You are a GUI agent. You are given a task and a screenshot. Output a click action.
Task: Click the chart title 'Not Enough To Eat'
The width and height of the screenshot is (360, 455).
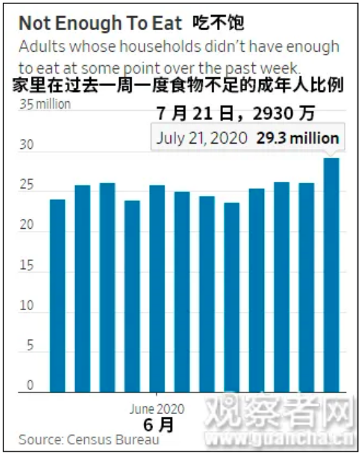100,23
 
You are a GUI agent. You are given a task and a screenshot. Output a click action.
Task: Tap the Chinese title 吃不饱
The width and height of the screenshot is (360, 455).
218,23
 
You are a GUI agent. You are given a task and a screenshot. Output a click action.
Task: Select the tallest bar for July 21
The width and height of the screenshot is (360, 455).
331,274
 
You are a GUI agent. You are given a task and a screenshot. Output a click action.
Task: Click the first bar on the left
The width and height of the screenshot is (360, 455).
58,296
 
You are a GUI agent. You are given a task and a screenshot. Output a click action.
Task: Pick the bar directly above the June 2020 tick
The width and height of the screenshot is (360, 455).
157,289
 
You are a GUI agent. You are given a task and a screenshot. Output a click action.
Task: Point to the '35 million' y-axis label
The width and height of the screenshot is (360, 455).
45,104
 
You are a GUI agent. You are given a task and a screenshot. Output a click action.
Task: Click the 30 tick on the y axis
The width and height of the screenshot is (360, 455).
27,145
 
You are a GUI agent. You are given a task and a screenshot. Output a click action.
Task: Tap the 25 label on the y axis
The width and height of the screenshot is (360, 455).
27,185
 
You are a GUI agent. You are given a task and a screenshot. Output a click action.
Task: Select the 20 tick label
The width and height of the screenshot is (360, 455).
27,225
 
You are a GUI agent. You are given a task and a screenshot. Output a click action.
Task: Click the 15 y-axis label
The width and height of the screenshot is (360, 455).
27,265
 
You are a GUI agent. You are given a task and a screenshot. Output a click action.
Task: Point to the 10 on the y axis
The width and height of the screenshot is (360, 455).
27,305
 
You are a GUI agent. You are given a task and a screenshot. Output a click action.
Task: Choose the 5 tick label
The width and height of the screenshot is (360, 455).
30,346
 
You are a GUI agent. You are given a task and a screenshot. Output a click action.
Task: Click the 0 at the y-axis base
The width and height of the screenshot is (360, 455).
30,385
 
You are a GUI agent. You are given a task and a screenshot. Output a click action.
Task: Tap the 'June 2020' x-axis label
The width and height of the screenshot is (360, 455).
156,409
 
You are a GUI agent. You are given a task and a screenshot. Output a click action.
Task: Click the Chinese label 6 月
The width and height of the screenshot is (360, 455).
159,425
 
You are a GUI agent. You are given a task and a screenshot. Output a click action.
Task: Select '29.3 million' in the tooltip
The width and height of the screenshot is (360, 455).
298,138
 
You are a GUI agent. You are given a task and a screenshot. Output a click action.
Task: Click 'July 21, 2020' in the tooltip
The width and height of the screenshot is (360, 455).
201,138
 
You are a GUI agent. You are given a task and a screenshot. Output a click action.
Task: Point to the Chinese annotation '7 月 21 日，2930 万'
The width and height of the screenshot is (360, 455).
236,113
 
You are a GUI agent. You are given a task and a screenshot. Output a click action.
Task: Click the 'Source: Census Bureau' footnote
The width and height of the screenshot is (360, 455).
89,440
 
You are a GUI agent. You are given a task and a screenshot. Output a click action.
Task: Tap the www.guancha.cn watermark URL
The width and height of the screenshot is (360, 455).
280,439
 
